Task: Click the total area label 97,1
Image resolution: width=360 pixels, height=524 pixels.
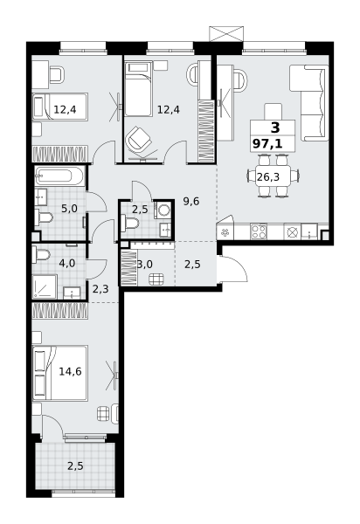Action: coord(267,144)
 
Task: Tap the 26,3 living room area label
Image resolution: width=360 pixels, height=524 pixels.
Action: coord(268,176)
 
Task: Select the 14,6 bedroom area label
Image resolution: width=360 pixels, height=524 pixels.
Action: coord(70,371)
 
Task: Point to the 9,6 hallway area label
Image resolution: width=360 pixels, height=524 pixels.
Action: coord(191,201)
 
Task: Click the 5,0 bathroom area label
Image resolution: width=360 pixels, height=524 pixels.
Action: coord(69,209)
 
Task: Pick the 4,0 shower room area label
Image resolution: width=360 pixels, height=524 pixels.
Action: coord(67,264)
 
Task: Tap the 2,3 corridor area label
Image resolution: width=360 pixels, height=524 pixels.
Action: coord(100,289)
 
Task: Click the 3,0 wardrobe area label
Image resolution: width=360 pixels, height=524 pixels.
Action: coord(145,265)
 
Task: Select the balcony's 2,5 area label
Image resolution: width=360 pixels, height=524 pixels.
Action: coord(75,465)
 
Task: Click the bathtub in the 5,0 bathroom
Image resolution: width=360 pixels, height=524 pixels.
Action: coord(59,176)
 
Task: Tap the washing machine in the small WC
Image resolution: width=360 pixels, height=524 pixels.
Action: coord(163,210)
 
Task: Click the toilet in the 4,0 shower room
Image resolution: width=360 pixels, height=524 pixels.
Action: coord(41,255)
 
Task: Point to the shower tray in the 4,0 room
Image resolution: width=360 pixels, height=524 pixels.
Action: coord(45,286)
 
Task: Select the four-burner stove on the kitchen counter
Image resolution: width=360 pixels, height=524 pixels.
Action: coord(259,231)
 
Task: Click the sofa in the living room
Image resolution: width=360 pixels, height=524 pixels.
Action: coord(308,103)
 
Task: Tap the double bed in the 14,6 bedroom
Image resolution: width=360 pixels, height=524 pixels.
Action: coord(60,373)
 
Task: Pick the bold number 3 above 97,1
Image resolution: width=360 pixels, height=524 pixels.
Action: coord(275,128)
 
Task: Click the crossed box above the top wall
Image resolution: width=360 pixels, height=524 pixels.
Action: coord(226,34)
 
